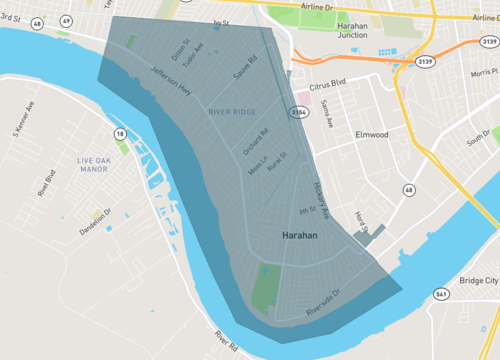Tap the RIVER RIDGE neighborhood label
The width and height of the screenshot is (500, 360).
(231, 112)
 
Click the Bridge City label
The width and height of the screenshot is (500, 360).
(477, 281)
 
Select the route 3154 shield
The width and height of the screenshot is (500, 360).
(298, 113)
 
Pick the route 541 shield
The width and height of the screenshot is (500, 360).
(442, 294)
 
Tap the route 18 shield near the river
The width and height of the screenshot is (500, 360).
(120, 133)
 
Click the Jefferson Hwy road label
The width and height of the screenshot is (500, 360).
(171, 81)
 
